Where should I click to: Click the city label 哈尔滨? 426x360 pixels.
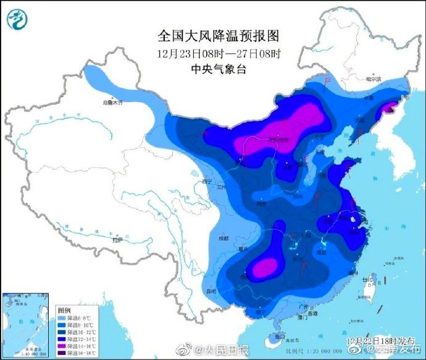pos(374,79)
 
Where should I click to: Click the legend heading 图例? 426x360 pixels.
pos(64,309)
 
